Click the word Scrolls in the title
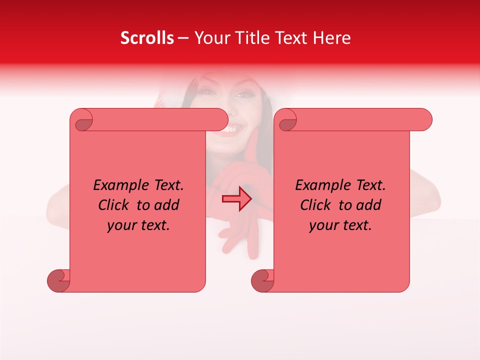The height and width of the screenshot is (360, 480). coord(147,38)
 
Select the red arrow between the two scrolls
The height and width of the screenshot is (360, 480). coord(237,199)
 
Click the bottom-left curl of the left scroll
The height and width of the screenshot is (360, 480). coord(58,280)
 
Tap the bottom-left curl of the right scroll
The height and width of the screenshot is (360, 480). coord(262,280)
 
